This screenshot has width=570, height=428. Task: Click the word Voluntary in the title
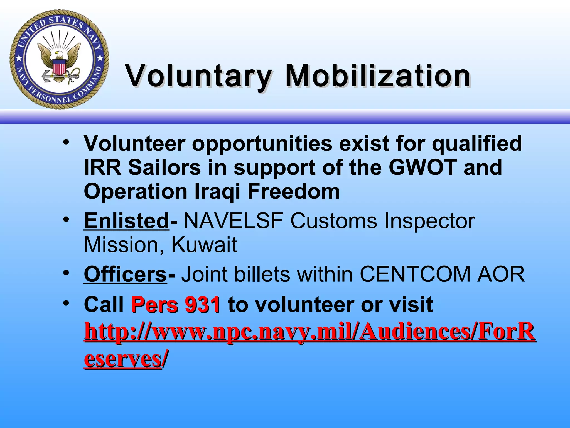pos(198,76)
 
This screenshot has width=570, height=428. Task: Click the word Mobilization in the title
pos(377,76)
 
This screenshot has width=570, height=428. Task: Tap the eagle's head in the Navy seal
pos(58,53)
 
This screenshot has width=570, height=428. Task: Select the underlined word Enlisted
pos(126,221)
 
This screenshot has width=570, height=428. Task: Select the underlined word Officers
pos(125,274)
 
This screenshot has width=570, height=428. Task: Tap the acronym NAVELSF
pos(233,221)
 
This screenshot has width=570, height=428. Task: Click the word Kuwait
pos(204,245)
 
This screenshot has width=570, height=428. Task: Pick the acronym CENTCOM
pos(415,274)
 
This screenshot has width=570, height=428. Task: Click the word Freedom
pos(293,192)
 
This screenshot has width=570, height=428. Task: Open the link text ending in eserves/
pos(122,359)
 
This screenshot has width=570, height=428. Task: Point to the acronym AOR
pos(501,274)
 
